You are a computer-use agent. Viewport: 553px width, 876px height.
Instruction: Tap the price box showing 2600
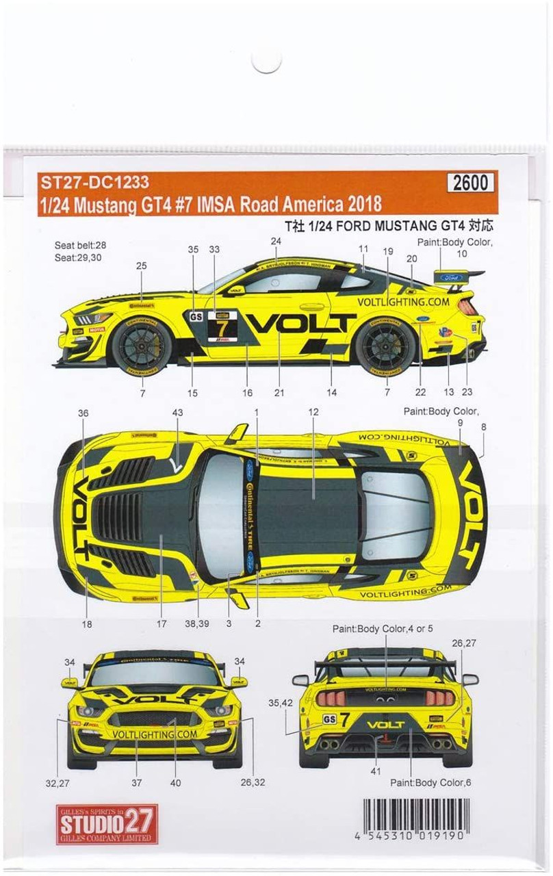tap(471, 183)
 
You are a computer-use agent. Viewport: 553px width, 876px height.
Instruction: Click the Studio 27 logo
tap(107, 824)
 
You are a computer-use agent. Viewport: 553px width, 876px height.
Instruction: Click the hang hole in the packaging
tap(266, 61)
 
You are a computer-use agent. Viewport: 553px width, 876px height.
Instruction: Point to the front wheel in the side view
tap(142, 348)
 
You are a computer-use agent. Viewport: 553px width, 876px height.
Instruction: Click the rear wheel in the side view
tap(385, 348)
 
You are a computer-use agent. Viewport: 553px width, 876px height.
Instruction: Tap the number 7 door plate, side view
tap(222, 326)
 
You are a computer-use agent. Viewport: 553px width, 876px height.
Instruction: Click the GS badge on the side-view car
tap(196, 317)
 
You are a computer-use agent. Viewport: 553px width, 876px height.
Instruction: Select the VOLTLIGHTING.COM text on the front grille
tap(155, 734)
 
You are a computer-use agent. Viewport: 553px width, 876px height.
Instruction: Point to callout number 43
tap(177, 413)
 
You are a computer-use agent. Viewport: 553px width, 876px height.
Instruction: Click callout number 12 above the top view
tap(313, 413)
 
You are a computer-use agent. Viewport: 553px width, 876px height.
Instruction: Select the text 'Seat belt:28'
tap(81, 244)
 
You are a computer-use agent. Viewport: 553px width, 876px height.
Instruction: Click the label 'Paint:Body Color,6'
tap(430, 782)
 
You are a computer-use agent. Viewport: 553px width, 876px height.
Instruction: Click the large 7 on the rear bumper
tap(346, 718)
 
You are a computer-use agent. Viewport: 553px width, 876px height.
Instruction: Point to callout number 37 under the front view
tap(136, 782)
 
